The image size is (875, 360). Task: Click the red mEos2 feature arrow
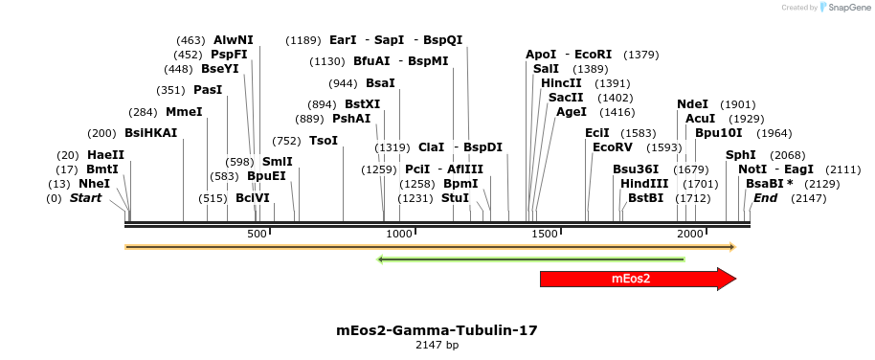click(632, 279)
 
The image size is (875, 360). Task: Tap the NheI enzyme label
click(94, 184)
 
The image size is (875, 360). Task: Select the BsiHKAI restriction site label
click(151, 133)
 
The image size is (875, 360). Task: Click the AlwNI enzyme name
click(234, 40)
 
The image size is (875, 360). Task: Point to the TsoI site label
click(324, 141)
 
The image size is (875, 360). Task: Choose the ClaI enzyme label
click(431, 147)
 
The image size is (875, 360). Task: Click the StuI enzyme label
click(455, 198)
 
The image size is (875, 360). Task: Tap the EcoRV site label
click(613, 147)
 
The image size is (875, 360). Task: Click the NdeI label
click(692, 104)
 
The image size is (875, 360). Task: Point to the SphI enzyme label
click(740, 155)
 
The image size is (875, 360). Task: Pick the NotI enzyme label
click(753, 169)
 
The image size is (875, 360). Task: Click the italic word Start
click(85, 198)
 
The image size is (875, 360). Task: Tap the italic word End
click(765, 198)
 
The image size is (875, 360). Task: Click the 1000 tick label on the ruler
click(399, 235)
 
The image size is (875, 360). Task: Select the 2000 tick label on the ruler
click(689, 235)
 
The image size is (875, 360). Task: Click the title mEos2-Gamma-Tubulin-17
click(437, 330)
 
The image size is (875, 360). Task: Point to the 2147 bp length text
click(437, 345)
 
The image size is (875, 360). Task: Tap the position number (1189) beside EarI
click(303, 40)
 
